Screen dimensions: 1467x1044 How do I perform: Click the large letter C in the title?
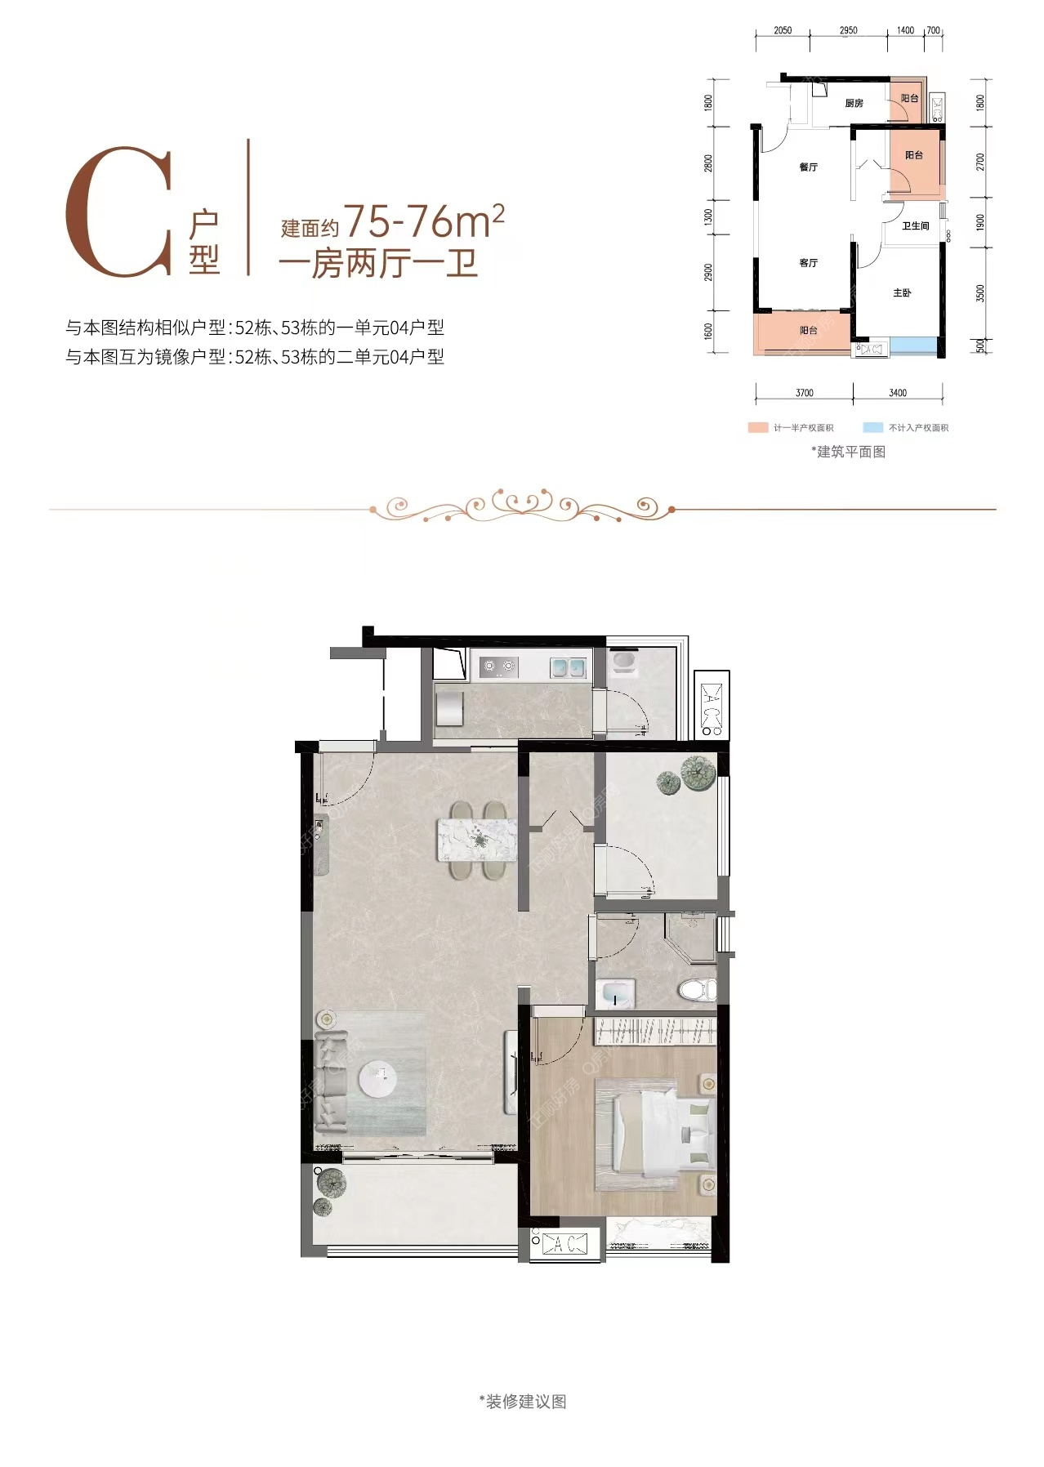tap(119, 212)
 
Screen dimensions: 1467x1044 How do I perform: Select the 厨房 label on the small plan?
tap(854, 103)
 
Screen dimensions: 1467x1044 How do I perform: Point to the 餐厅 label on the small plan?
tap(808, 167)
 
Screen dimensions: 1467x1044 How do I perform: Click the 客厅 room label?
tap(808, 262)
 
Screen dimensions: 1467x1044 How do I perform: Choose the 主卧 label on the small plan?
tap(902, 292)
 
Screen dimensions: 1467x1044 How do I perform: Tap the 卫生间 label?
tap(915, 225)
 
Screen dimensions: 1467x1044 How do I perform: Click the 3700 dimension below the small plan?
tap(804, 393)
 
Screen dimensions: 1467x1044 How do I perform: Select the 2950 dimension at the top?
tap(848, 30)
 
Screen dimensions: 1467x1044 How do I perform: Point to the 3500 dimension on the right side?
tap(980, 292)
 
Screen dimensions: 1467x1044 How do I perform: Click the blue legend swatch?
tap(872, 427)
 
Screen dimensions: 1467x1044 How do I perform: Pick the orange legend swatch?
tap(757, 427)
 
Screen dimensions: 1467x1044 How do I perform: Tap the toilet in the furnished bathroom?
tap(698, 990)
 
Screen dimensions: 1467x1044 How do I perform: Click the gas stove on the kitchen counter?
tap(498, 667)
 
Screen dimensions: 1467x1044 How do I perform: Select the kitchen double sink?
tap(568, 667)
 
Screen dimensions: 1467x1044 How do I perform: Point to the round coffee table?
tap(379, 1078)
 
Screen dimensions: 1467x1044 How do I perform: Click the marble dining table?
tap(477, 841)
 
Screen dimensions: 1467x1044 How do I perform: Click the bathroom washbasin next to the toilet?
tap(618, 994)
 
